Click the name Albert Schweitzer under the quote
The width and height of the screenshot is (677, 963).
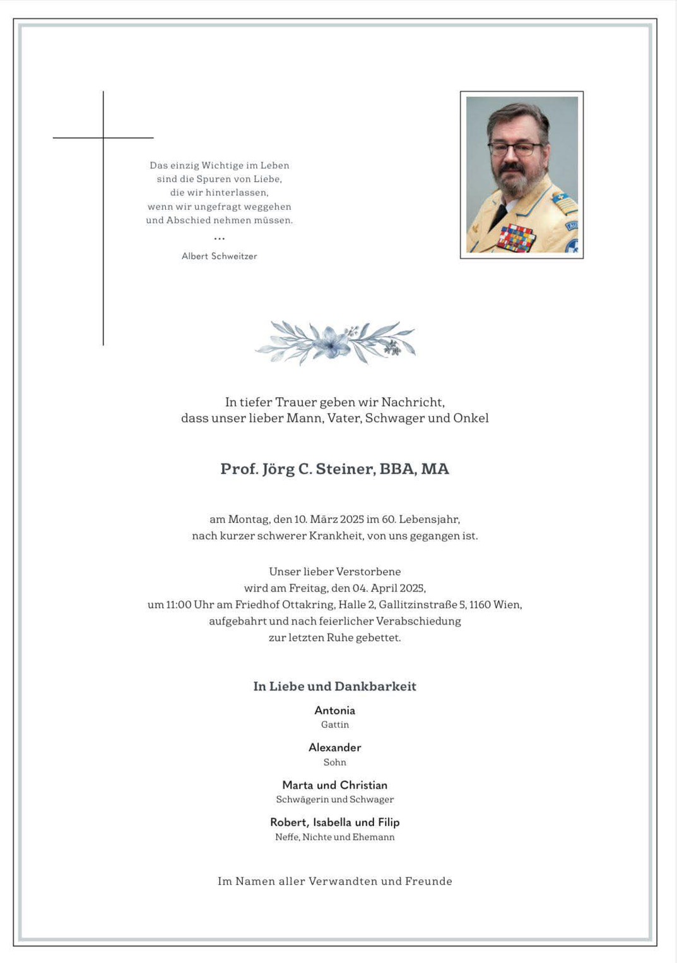pyautogui.click(x=219, y=256)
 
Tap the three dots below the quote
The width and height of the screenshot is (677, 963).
pyautogui.click(x=219, y=239)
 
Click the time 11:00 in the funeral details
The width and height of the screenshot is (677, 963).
pyautogui.click(x=179, y=605)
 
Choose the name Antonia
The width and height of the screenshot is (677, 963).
pyautogui.click(x=334, y=710)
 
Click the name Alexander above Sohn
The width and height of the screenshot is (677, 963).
pyautogui.click(x=334, y=748)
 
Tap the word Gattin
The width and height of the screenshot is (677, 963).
pyautogui.click(x=334, y=725)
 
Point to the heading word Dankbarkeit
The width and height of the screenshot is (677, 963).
pyautogui.click(x=375, y=686)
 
